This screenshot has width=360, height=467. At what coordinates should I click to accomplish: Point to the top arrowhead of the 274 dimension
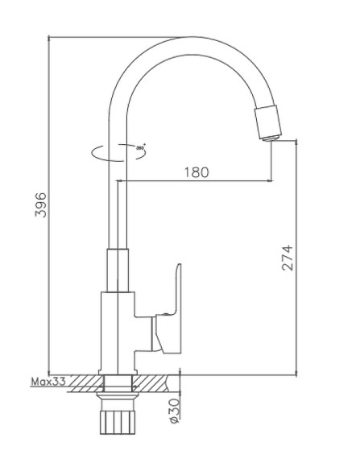click(299, 143)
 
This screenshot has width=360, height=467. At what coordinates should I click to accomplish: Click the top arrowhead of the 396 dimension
click(50, 40)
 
